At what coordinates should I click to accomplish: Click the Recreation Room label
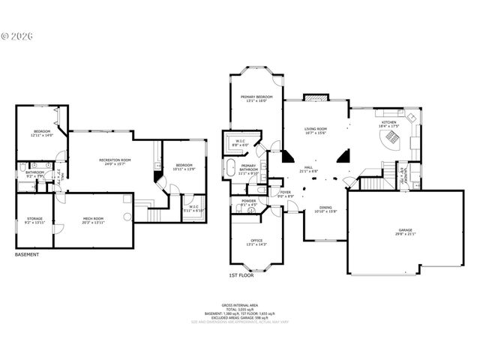click(x=115, y=161)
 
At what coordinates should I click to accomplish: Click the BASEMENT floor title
click(x=28, y=255)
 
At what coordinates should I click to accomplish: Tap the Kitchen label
click(x=389, y=124)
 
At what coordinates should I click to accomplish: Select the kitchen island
click(x=391, y=148)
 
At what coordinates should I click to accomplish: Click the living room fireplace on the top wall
click(x=316, y=98)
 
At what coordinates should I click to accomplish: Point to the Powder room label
click(x=248, y=202)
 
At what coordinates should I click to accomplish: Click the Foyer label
click(x=286, y=193)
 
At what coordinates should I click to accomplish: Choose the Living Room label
click(x=316, y=130)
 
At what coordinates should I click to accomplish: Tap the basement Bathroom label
click(x=35, y=174)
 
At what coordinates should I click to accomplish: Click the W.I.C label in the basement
click(x=193, y=208)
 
